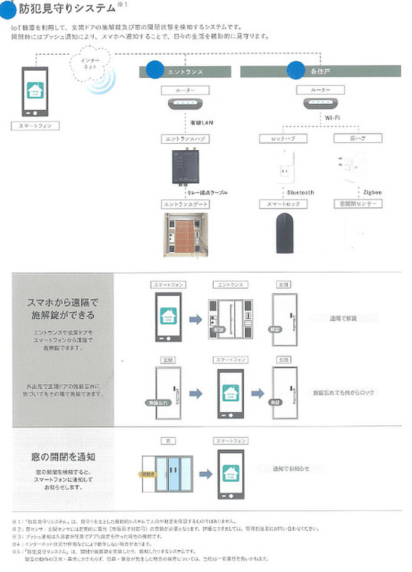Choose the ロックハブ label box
(279, 139)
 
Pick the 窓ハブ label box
(349, 139)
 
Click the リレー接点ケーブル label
(207, 193)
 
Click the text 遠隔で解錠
(343, 318)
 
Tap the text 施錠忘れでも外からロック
(343, 392)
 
